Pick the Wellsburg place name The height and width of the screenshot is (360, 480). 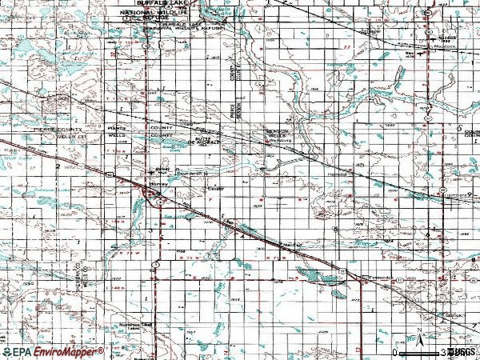[x=276, y=142]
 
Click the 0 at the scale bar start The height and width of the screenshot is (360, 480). [x=396, y=352]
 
